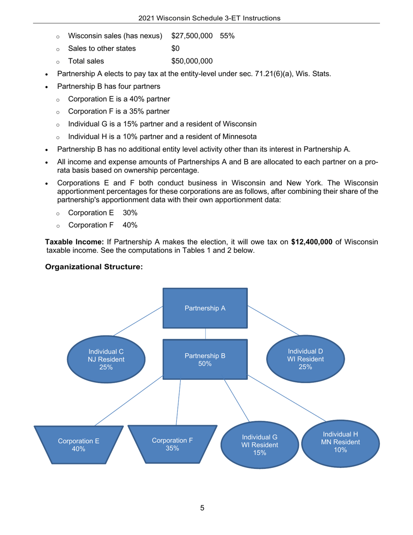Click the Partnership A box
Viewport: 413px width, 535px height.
click(x=205, y=308)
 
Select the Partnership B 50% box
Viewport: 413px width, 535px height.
click(x=205, y=359)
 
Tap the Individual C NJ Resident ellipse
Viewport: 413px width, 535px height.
click(x=106, y=359)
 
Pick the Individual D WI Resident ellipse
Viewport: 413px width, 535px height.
click(x=305, y=359)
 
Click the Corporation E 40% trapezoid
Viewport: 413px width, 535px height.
click(x=79, y=445)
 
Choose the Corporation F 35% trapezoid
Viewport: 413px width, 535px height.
click(x=173, y=444)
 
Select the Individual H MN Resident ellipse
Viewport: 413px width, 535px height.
click(x=340, y=442)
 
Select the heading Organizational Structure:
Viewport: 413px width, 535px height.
click(x=94, y=267)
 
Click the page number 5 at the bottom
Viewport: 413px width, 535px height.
click(x=202, y=508)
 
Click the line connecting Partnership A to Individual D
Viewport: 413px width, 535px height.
click(x=273, y=320)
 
